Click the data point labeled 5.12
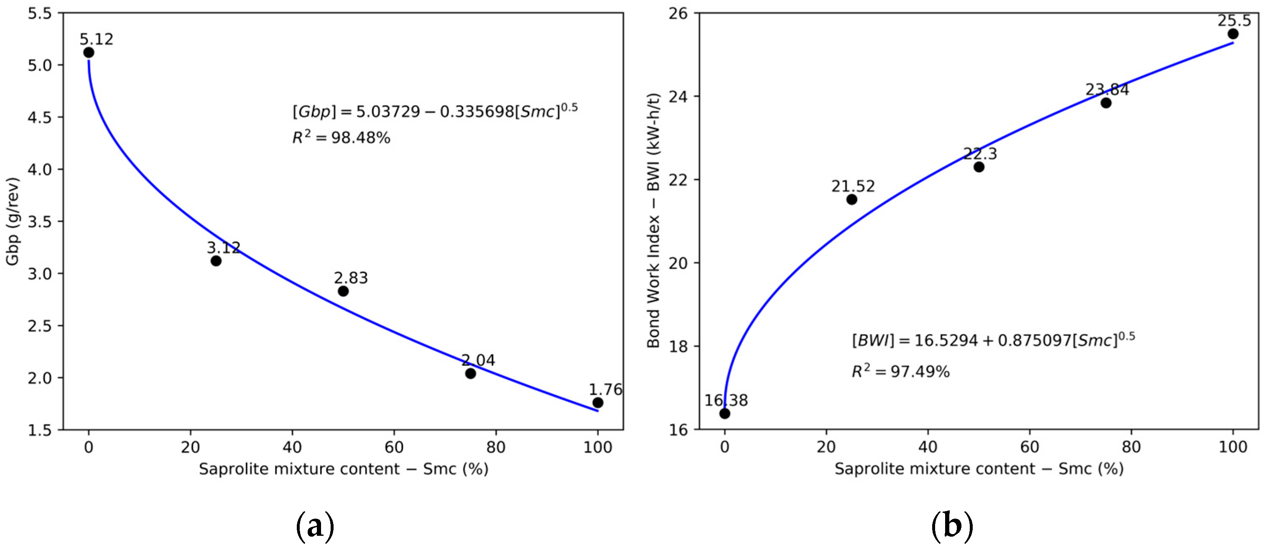coord(89,53)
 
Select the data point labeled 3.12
coord(216,261)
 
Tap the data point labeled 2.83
coord(343,291)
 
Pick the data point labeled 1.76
coord(598,403)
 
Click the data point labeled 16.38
coord(724,414)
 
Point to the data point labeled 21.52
coord(852,200)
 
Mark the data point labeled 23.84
coord(1106,103)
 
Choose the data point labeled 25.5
coord(1233,34)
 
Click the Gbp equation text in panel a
coord(435,112)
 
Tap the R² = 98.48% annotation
coord(342,138)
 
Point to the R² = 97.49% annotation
coord(900,372)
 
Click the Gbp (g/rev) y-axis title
coord(13,221)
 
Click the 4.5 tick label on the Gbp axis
coord(40,117)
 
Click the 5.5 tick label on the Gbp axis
coord(40,13)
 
